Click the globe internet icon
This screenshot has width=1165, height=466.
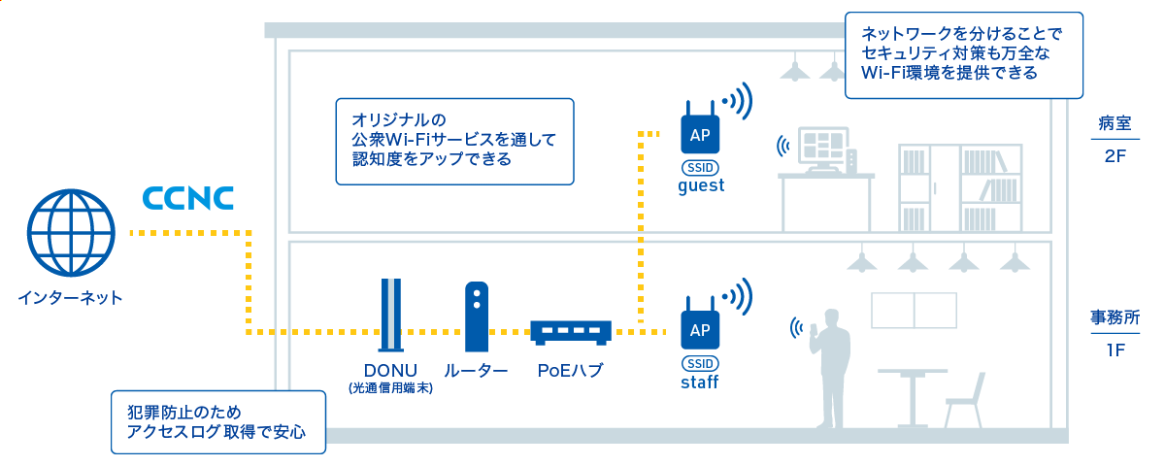71,232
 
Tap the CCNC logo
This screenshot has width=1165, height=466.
188,198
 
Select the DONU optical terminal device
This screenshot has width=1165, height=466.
391,316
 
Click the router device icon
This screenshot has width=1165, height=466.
477,316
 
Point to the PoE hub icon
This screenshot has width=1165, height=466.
571,333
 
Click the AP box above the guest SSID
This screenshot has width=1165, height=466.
700,134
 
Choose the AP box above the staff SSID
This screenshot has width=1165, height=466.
700,330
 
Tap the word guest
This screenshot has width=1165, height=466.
701,186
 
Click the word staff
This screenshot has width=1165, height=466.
700,383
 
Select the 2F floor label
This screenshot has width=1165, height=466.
1115,156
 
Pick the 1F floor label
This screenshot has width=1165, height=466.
1115,350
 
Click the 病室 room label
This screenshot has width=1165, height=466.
1115,123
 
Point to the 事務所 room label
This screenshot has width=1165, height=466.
1115,317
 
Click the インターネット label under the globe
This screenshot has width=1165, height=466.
70,298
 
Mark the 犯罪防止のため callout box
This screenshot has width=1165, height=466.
218,422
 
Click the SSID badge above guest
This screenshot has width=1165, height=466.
700,168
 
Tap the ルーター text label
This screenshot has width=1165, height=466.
476,370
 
